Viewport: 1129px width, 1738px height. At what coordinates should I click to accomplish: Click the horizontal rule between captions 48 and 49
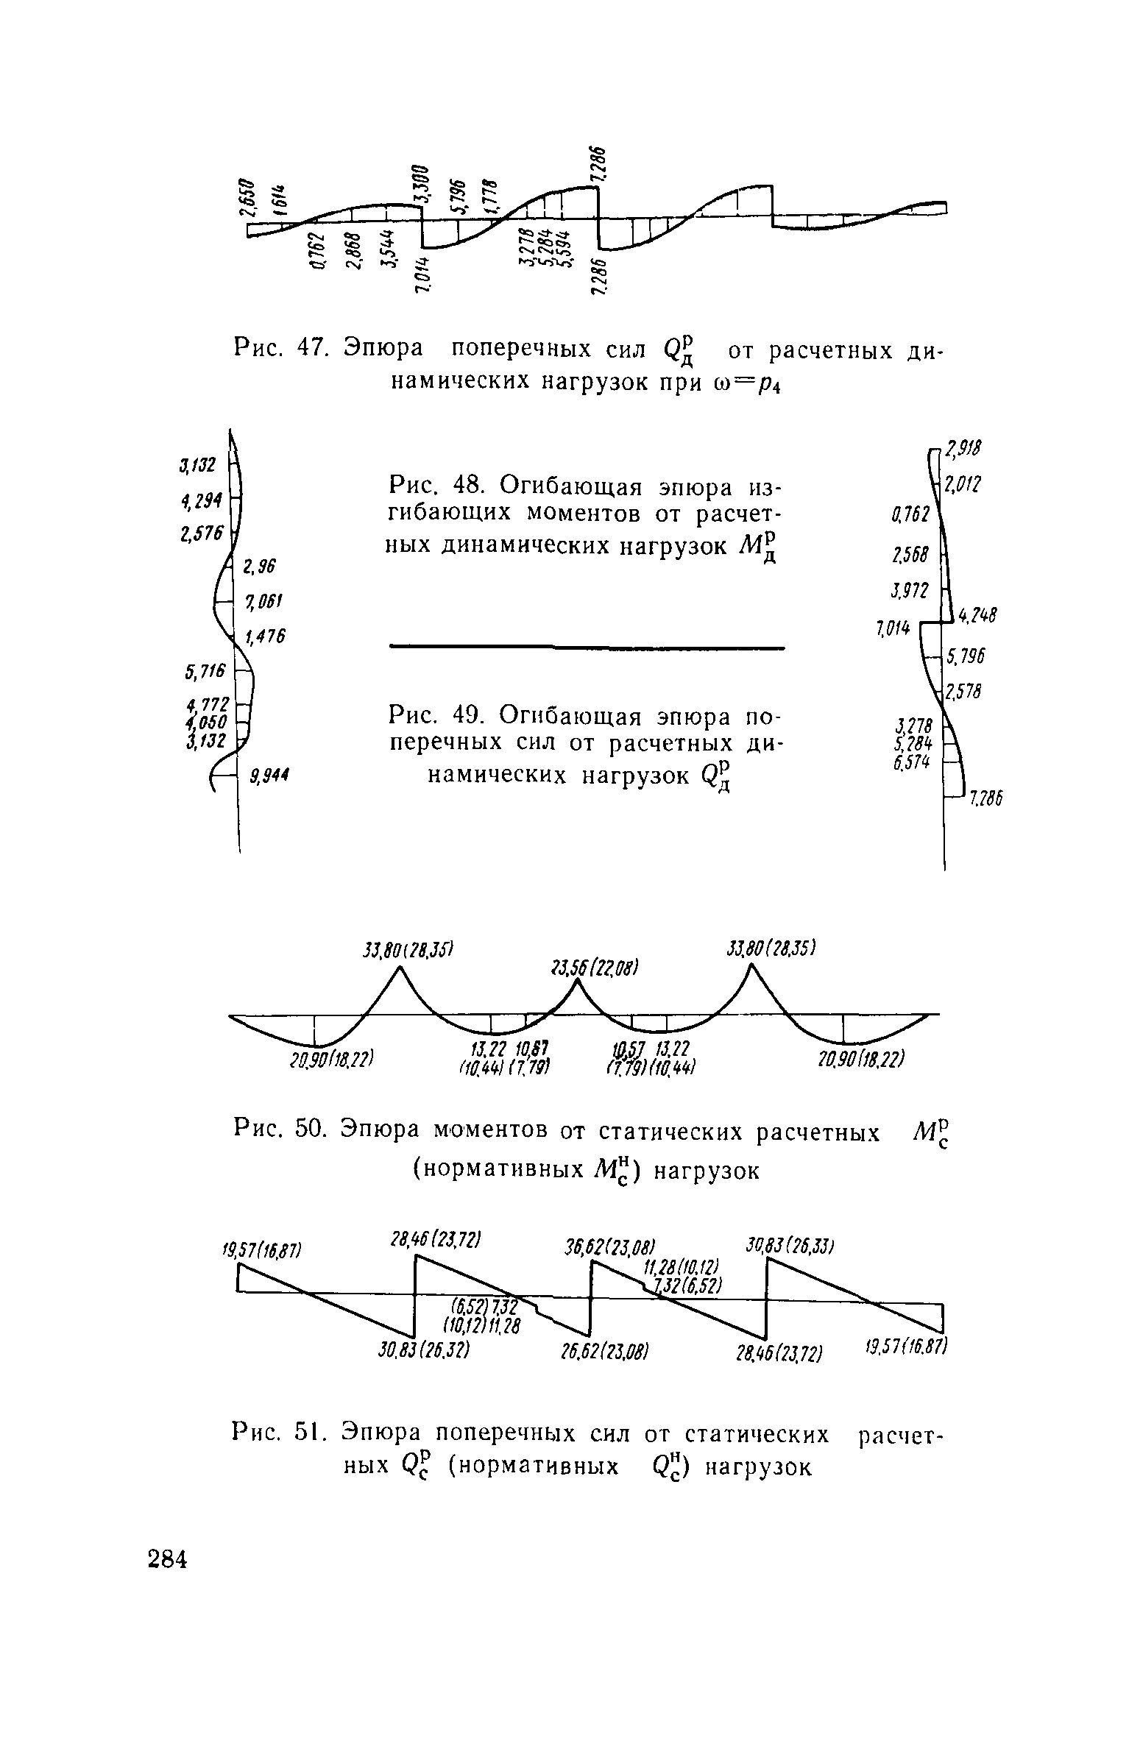tap(587, 647)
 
